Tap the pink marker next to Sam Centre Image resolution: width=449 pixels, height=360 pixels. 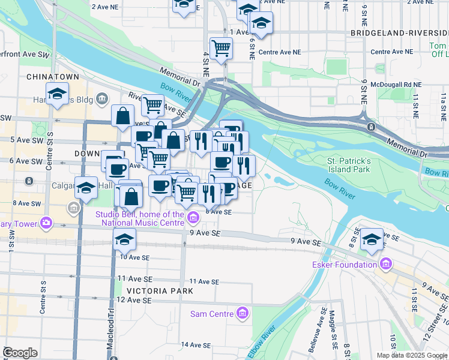tap(242, 313)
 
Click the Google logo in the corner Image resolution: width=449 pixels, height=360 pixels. tap(20, 353)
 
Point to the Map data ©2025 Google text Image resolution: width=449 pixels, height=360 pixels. tap(412, 355)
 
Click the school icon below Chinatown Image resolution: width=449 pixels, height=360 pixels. tap(57, 95)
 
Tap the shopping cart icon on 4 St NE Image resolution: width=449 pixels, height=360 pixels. tap(221, 48)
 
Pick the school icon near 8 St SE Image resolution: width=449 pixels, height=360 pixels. tap(372, 240)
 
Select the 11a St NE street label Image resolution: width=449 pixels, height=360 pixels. tap(444, 103)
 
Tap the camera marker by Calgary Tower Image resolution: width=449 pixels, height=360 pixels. tap(46, 224)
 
